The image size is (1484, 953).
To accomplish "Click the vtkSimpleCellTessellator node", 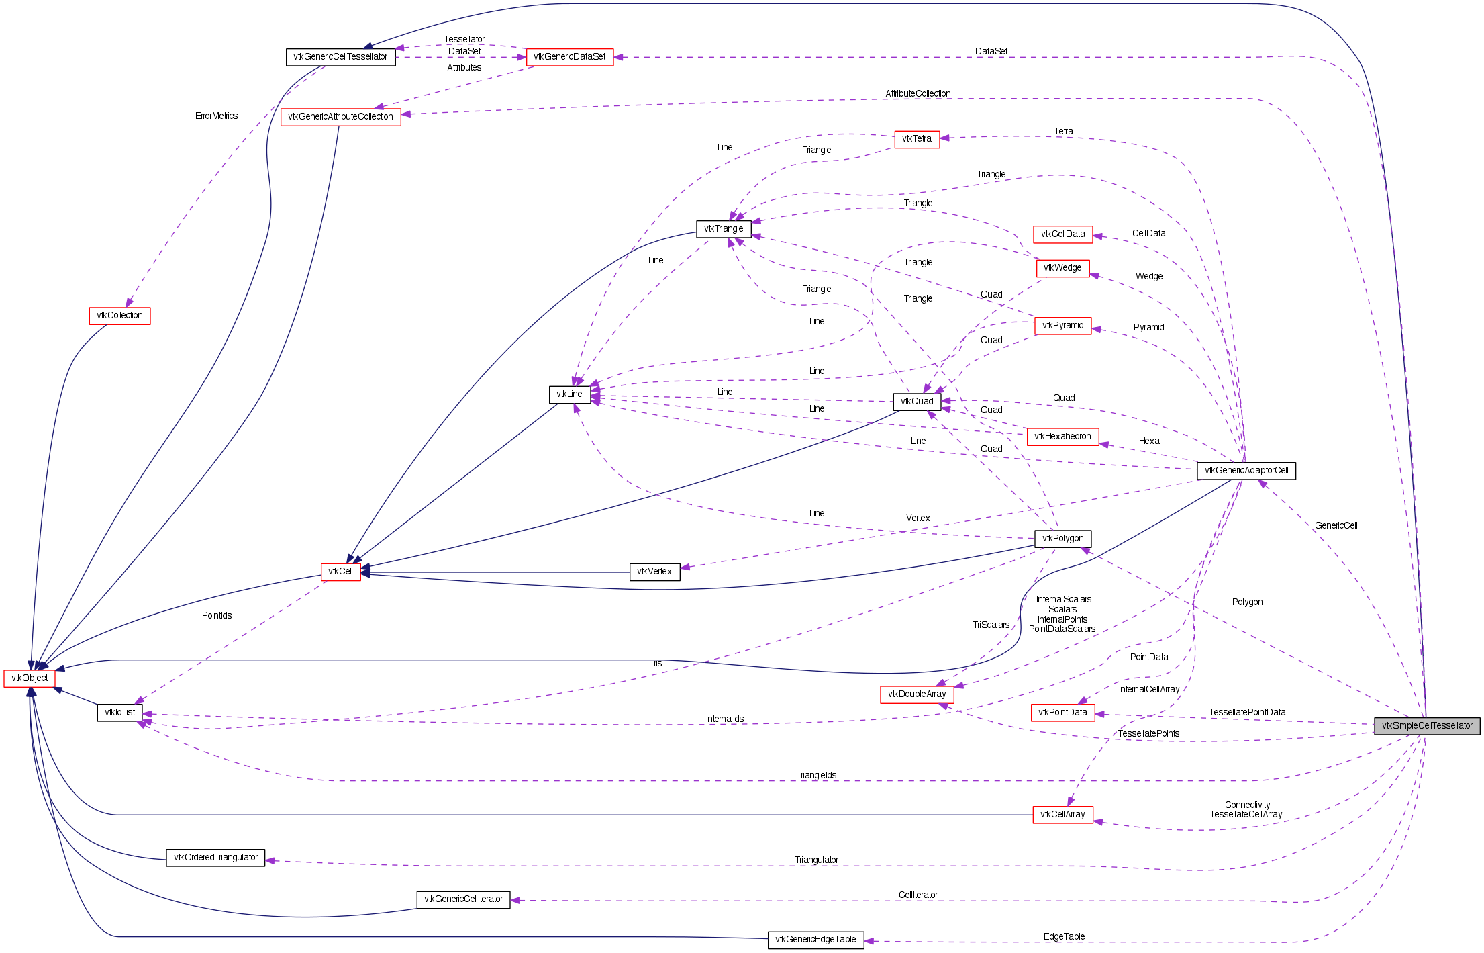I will point(1426,726).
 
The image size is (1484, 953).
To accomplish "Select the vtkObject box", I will point(30,678).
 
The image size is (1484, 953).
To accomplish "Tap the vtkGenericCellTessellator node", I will point(340,57).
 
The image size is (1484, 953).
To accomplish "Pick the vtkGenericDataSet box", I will point(569,57).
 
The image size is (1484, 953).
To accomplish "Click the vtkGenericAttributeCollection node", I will point(340,117).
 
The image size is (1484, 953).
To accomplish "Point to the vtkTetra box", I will point(916,139).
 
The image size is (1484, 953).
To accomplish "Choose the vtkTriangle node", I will point(723,229).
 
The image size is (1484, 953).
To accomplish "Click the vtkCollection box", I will point(119,316).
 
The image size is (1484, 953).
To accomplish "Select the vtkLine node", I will point(569,394).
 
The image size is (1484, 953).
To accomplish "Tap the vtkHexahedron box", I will point(1062,437).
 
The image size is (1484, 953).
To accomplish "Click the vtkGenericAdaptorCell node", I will point(1246,471).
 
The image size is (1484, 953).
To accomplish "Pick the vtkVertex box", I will point(654,572).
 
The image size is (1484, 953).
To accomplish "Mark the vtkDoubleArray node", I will point(916,694).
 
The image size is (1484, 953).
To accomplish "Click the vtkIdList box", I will point(119,713).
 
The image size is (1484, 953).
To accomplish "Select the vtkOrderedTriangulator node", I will point(215,858).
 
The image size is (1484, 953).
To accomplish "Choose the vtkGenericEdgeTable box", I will point(815,940).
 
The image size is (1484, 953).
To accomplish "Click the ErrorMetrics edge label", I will point(216,116).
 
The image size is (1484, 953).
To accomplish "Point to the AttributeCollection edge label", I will point(918,94).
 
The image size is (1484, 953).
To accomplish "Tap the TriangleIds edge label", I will point(816,776).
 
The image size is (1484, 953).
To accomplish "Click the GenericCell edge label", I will point(1335,526).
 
